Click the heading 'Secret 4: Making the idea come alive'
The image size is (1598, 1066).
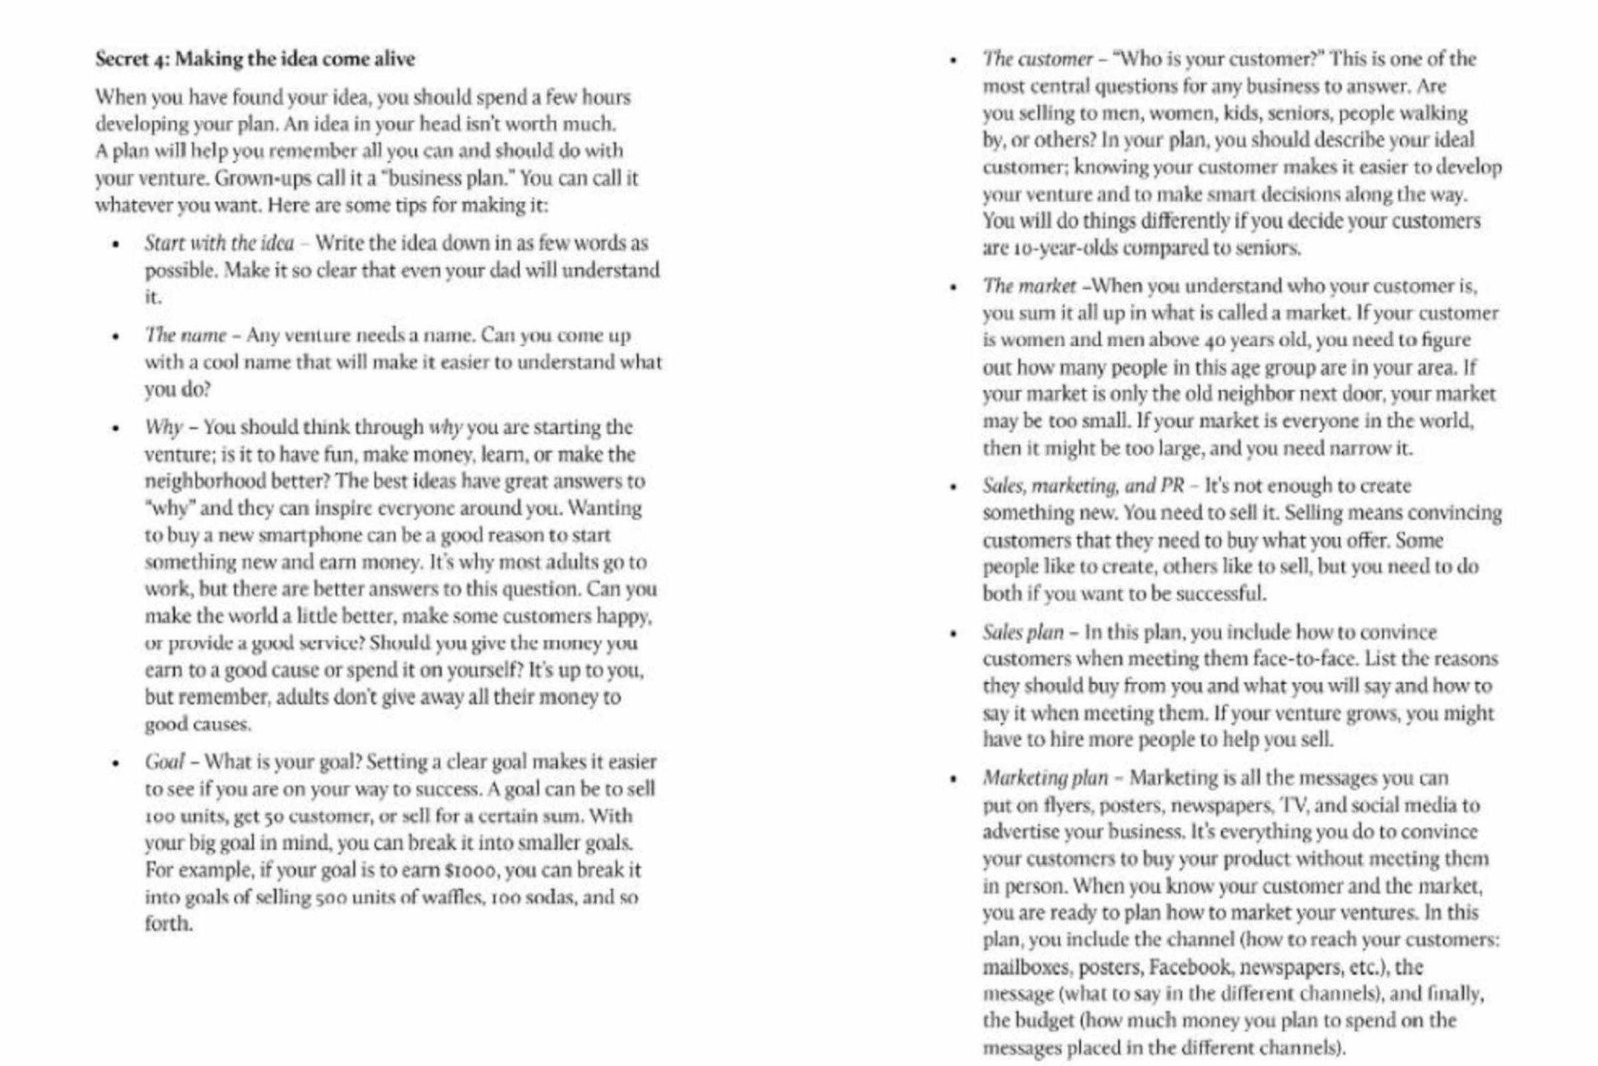pyautogui.click(x=254, y=59)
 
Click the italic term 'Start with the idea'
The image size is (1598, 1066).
pyautogui.click(x=219, y=243)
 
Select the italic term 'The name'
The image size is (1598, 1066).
pyautogui.click(x=186, y=335)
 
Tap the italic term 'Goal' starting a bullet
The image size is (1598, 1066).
pyautogui.click(x=164, y=762)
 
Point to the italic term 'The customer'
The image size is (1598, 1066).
pyautogui.click(x=1037, y=59)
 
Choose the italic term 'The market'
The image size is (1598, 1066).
pyautogui.click(x=1029, y=286)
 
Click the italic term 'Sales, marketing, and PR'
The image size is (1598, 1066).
pyautogui.click(x=1083, y=486)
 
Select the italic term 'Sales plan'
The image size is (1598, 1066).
pyautogui.click(x=1022, y=632)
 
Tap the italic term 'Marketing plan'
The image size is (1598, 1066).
pyautogui.click(x=1045, y=778)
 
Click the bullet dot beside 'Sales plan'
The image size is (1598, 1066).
pyautogui.click(x=954, y=634)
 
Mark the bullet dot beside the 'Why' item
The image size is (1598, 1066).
pyautogui.click(x=115, y=429)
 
